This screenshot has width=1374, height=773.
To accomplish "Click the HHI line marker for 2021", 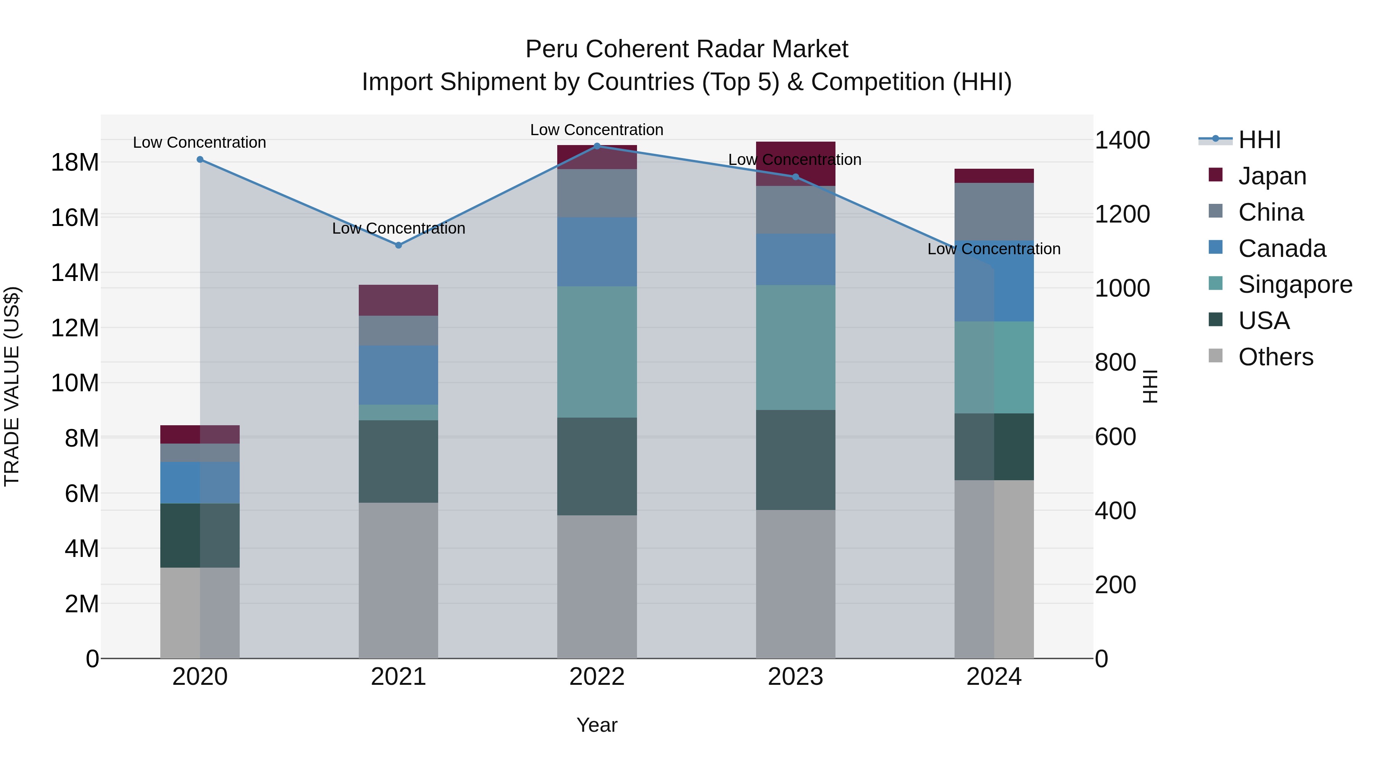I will (398, 245).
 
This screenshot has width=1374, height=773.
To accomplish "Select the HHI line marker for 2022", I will (597, 146).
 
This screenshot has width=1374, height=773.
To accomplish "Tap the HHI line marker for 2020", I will (200, 160).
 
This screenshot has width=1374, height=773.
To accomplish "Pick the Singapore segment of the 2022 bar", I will (597, 352).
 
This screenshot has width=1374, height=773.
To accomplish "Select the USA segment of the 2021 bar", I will (398, 462).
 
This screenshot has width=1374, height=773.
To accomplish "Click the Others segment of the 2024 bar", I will (994, 569).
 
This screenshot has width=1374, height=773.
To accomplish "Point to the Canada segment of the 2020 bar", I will (200, 483).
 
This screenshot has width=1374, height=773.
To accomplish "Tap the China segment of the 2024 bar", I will (994, 212).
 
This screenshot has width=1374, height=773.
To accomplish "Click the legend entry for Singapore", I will (1295, 284).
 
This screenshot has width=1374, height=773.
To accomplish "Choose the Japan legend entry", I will (1272, 176).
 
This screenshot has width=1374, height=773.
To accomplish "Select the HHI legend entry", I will (1259, 140).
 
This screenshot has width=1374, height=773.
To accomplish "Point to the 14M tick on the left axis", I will (75, 273).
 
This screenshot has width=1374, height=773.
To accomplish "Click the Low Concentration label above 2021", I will (398, 228).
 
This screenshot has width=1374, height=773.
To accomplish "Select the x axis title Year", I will (597, 725).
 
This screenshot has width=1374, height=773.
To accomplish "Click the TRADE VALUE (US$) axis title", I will (12, 386).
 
